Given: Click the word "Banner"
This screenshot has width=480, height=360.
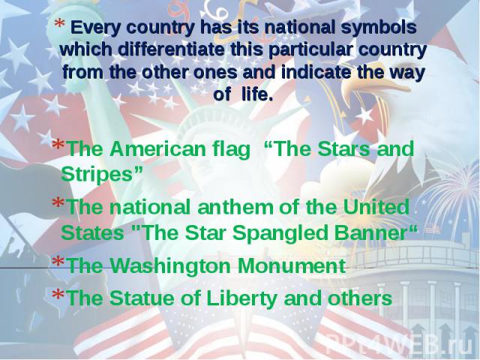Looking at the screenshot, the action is coord(370,233).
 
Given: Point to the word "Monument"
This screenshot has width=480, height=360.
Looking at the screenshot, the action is coord(292,265).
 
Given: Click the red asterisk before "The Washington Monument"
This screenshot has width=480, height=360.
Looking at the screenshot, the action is coord(58,262).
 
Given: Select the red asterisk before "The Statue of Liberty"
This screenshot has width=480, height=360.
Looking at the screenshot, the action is coord(58,294).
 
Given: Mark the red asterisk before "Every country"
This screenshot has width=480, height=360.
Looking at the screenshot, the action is coord(60,24).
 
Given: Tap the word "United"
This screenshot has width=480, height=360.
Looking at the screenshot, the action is coord(376,207).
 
